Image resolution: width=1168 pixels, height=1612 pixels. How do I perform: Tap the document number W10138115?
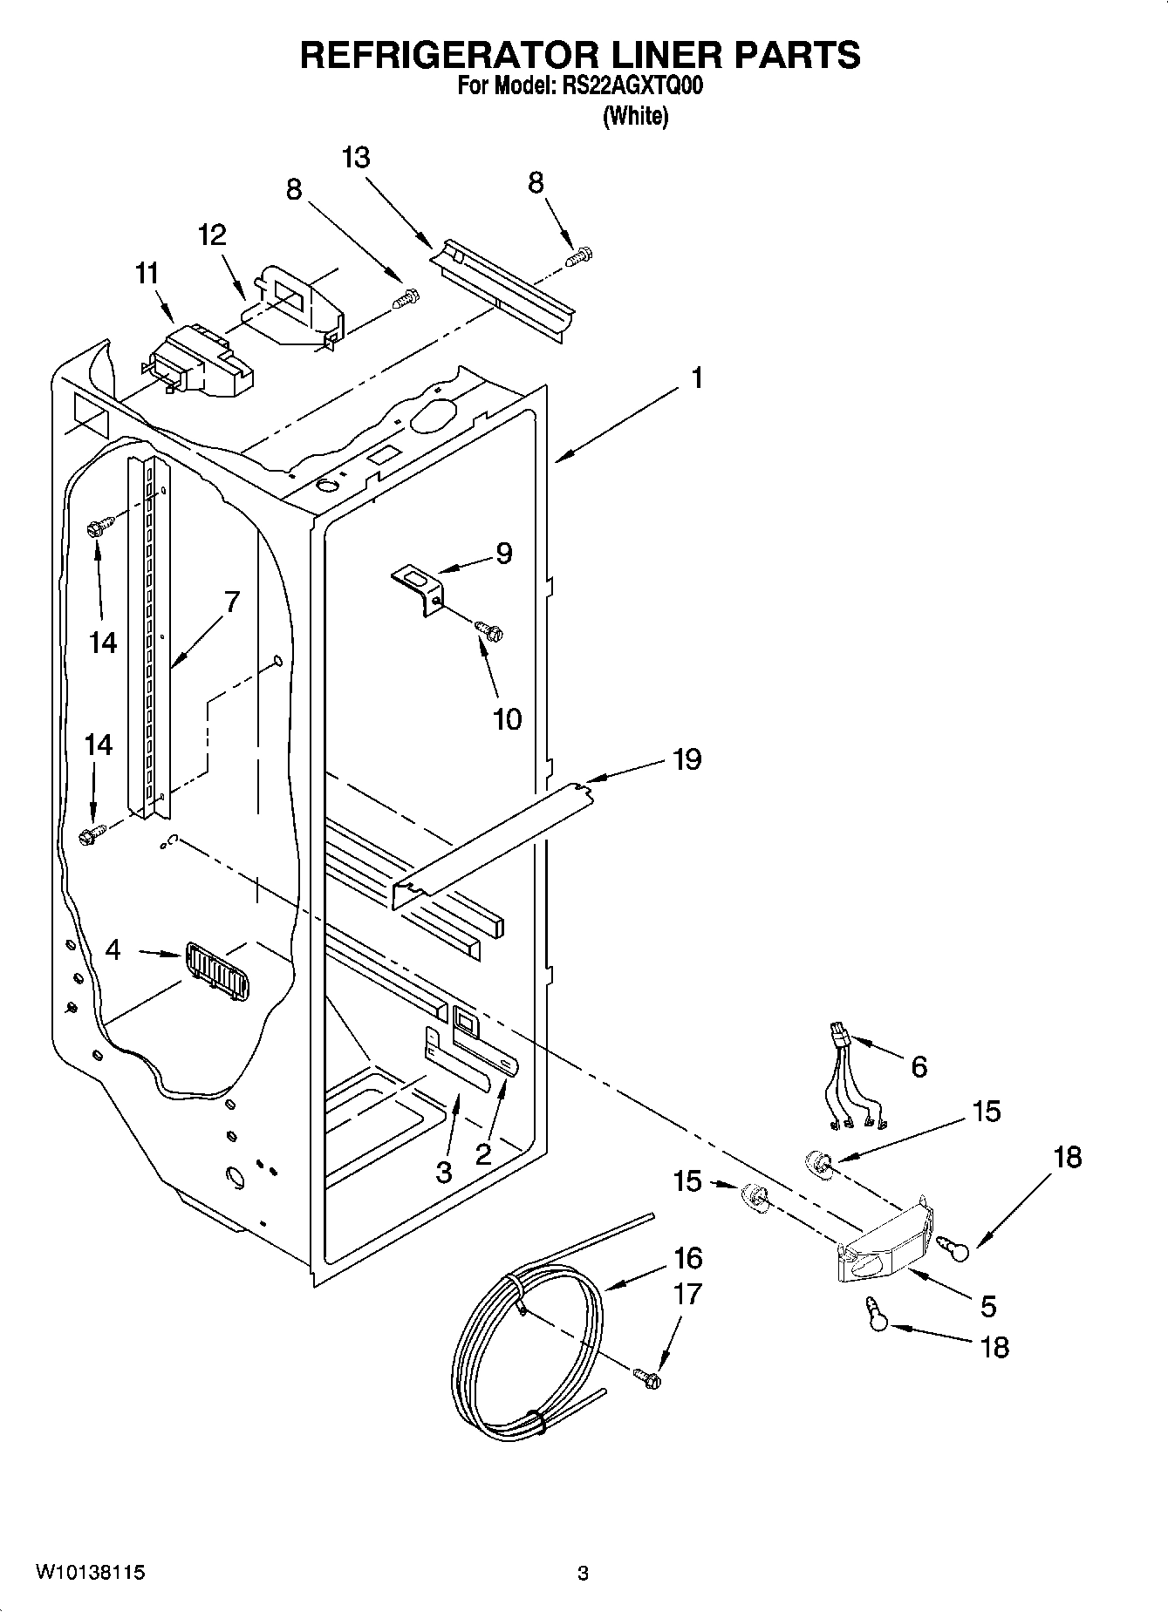(x=90, y=1572)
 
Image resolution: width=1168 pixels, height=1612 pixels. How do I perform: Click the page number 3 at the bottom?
(x=583, y=1574)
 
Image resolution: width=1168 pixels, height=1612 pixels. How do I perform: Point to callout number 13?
(x=356, y=158)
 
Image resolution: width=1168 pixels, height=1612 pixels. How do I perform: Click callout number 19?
(x=686, y=759)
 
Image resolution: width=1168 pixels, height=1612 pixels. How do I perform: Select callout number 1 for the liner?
(x=696, y=378)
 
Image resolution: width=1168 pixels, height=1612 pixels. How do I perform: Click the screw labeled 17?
(x=648, y=1377)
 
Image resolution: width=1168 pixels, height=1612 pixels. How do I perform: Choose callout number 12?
(x=212, y=235)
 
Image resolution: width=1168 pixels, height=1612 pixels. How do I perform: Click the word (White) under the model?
(x=635, y=117)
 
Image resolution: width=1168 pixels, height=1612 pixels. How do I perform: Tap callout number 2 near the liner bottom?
(x=482, y=1154)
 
